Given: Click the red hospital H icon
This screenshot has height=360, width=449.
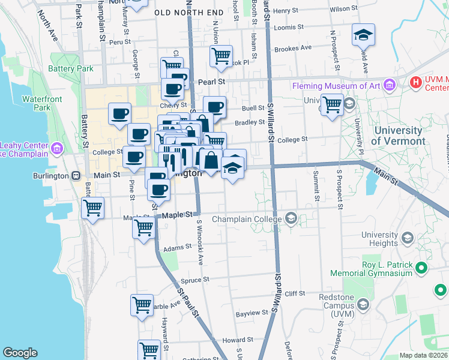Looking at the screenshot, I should pos(415,82).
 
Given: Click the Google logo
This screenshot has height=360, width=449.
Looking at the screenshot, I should pos(20,353).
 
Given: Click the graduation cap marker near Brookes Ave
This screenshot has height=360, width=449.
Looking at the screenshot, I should pos(363,35).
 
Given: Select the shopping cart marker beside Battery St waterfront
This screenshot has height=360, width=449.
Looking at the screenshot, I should pos(92,209).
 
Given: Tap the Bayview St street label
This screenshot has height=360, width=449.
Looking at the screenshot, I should pos(252,313).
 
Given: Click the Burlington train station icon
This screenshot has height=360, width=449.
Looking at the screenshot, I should pos(76,176).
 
